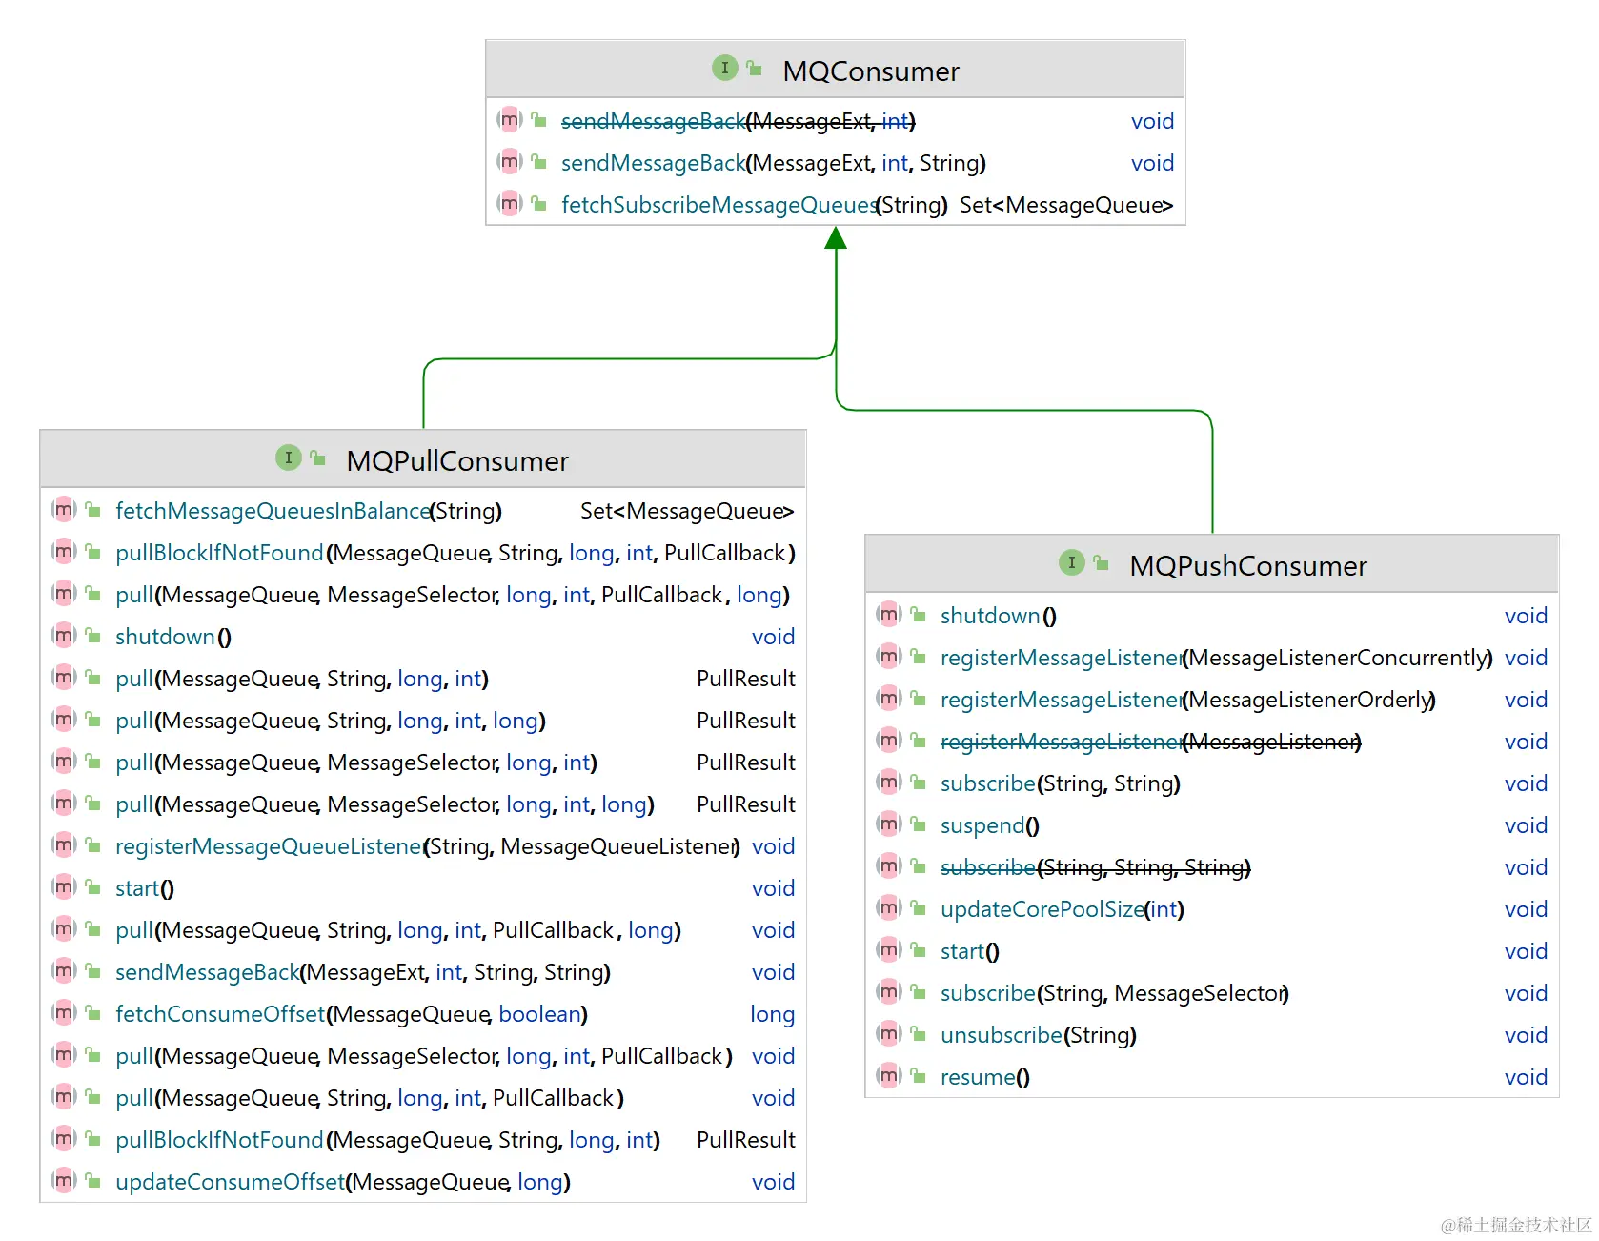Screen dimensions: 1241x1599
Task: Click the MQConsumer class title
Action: [x=870, y=71]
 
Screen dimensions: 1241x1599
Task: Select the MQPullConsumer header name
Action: [x=456, y=461]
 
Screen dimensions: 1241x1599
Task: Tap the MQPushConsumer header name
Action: [x=1247, y=566]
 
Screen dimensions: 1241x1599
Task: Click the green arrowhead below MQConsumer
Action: [x=836, y=238]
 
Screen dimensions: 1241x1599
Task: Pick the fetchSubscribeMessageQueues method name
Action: [x=719, y=205]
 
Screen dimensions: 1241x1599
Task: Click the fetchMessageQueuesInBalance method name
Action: [x=272, y=511]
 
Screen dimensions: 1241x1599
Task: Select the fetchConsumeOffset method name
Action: [x=220, y=1014]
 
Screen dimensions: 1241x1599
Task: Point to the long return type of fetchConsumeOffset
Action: [x=772, y=1014]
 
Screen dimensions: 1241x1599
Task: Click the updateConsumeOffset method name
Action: [x=230, y=1182]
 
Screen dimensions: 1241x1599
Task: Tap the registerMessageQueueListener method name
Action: [x=269, y=846]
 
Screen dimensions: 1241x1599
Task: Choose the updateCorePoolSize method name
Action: [x=1042, y=909]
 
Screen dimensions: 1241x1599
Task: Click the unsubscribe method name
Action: [x=1001, y=1035]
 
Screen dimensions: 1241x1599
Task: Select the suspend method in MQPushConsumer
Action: [x=982, y=825]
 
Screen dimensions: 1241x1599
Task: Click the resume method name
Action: [x=977, y=1077]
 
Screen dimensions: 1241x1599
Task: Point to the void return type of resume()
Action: [x=1525, y=1077]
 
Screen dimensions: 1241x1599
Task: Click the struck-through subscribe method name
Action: [x=987, y=867]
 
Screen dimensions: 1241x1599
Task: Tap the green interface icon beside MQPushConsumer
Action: [x=1071, y=562]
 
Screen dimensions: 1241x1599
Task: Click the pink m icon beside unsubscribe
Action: [x=889, y=1033]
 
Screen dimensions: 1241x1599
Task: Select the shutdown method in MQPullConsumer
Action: [x=165, y=637]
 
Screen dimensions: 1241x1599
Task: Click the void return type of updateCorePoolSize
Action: [x=1525, y=909]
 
